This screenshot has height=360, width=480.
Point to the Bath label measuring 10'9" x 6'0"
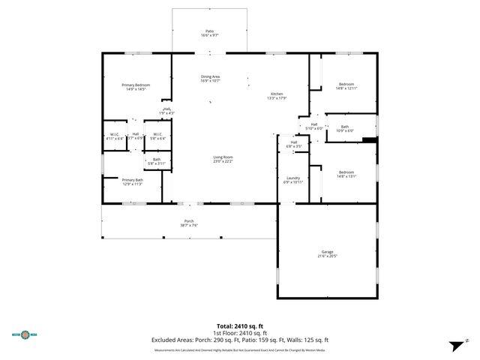[x=344, y=128]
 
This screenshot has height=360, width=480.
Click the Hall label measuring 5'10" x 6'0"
[x=314, y=126]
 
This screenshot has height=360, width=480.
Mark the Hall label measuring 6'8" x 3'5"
[x=295, y=144]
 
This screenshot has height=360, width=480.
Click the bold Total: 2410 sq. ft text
[x=239, y=326]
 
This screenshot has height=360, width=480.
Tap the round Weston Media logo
[x=27, y=335]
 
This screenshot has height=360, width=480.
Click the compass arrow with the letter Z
[x=454, y=345]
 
